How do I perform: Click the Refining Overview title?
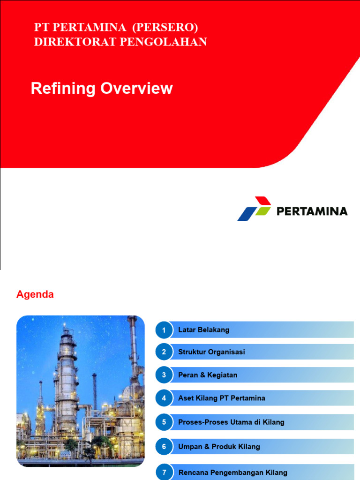[102, 89]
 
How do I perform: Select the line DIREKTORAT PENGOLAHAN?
[120, 42]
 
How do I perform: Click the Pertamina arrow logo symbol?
[254, 209]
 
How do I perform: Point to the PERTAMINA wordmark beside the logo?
[312, 211]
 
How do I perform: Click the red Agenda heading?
[35, 295]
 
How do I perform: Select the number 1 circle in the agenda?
[164, 330]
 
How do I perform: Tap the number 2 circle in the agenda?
[164, 352]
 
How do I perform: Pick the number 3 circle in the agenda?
[164, 375]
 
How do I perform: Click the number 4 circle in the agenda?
[164, 398]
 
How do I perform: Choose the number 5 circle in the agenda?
[164, 422]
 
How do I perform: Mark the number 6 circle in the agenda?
[164, 447]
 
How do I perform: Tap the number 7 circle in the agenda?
[164, 472]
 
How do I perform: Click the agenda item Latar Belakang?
[204, 330]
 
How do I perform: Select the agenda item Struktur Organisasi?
[211, 352]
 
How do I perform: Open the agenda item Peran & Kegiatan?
[208, 375]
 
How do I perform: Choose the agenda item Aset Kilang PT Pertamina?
[222, 398]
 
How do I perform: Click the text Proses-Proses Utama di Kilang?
[231, 422]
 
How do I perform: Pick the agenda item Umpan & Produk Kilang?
[219, 447]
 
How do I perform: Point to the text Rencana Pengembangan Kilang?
[233, 472]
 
